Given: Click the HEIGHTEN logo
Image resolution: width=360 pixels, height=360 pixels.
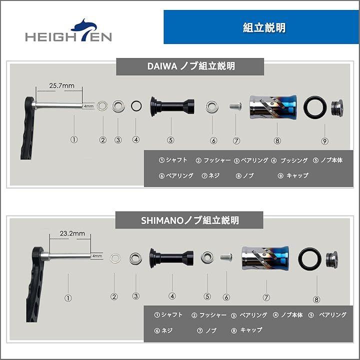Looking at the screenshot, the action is coord(68,31).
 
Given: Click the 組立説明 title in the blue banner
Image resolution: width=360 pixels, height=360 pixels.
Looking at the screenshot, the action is coord(264,28).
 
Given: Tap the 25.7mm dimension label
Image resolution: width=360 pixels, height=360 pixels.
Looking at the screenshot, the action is coord(62,85).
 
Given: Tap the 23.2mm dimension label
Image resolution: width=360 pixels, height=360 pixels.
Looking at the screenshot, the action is coord(72,233).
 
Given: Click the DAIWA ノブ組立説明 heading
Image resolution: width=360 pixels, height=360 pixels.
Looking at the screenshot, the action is coord(191,66).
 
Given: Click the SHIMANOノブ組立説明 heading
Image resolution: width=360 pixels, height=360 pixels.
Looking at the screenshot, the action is coord(190,220).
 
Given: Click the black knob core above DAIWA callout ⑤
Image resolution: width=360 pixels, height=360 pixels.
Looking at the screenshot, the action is coord(172,107).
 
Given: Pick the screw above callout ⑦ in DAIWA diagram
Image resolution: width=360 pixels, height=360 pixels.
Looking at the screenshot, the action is coord(235,106).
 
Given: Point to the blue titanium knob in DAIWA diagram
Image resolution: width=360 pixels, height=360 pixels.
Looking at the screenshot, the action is coord(273,107).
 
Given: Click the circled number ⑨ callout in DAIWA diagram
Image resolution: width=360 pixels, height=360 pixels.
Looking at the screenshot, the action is coord(324,141).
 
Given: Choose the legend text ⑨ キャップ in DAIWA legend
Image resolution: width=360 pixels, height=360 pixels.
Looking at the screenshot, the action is coord(293,175).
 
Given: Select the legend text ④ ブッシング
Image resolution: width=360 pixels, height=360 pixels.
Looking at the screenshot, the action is coord(289,160).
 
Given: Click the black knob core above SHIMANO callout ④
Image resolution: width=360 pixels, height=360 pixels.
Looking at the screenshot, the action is coord(171,258).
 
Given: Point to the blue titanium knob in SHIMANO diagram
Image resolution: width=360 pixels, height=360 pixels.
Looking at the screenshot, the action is coord(265,258).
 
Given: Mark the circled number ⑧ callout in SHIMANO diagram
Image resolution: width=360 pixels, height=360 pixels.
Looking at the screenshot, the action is coord(316,299).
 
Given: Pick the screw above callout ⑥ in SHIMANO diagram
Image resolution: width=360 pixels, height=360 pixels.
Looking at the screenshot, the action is coord(226,256).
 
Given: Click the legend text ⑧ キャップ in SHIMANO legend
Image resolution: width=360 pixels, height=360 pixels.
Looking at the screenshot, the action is coord(247,330).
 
